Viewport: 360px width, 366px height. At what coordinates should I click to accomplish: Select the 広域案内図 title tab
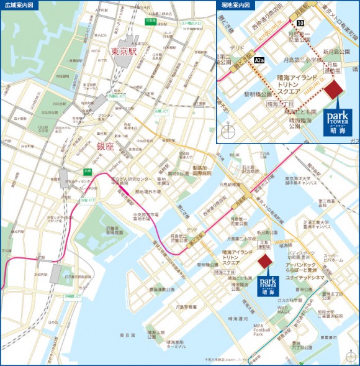(19, 5)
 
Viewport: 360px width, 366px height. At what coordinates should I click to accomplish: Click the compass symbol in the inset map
(229, 132)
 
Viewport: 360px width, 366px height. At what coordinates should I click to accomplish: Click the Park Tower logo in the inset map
(340, 121)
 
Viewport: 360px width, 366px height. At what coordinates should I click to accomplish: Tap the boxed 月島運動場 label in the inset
(333, 66)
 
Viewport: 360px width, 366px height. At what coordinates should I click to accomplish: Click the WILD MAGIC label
(283, 309)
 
